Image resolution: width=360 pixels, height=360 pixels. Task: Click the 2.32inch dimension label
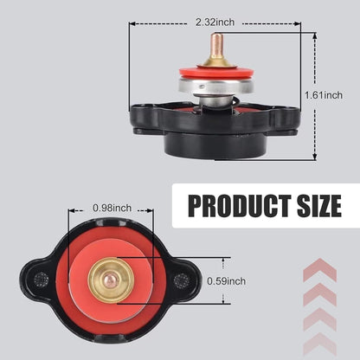(215, 22)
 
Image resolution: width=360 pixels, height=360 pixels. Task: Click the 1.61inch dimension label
(324, 95)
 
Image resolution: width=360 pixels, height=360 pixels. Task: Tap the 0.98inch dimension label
(112, 208)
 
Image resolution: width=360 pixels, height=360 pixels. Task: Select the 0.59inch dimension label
(227, 281)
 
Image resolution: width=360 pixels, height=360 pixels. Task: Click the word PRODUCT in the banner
(240, 206)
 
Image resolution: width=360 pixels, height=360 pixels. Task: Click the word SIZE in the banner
(319, 206)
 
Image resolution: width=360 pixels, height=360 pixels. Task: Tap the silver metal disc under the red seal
(215, 86)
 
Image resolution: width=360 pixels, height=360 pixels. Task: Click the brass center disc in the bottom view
(111, 280)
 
